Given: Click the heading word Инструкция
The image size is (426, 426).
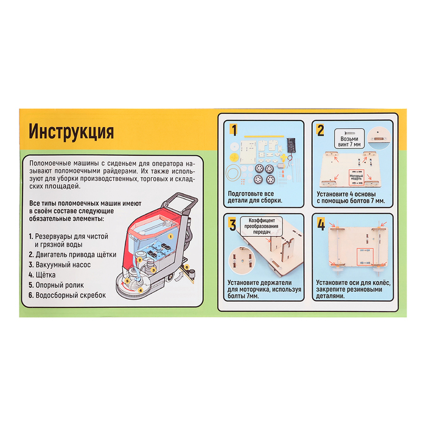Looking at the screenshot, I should (71, 131).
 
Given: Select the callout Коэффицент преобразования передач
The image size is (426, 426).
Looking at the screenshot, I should (262, 223).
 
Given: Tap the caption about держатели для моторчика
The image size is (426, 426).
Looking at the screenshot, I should (261, 287).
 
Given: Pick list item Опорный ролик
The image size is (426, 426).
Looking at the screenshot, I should (56, 284).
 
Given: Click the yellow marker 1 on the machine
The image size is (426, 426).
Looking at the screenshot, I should (172, 234).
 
